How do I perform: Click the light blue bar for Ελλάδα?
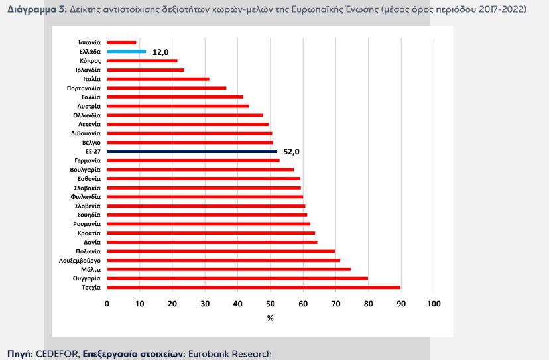tap(127, 51)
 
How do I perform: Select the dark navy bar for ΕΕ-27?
tap(192, 151)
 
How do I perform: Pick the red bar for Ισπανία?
tap(121, 42)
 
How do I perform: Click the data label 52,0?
tap(292, 152)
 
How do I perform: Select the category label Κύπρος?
tap(90, 60)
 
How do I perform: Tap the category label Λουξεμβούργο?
tap(80, 261)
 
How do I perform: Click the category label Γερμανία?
tap(88, 160)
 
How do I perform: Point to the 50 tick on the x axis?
tap(271, 304)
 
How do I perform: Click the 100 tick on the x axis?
tap(434, 304)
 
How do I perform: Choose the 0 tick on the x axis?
tap(107, 304)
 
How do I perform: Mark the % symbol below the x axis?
tap(270, 318)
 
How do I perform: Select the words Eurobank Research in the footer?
tap(230, 353)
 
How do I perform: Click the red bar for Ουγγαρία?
tap(237, 278)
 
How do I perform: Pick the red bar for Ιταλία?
tap(158, 79)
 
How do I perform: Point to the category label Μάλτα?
tap(91, 270)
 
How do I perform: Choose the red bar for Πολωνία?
tap(221, 251)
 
